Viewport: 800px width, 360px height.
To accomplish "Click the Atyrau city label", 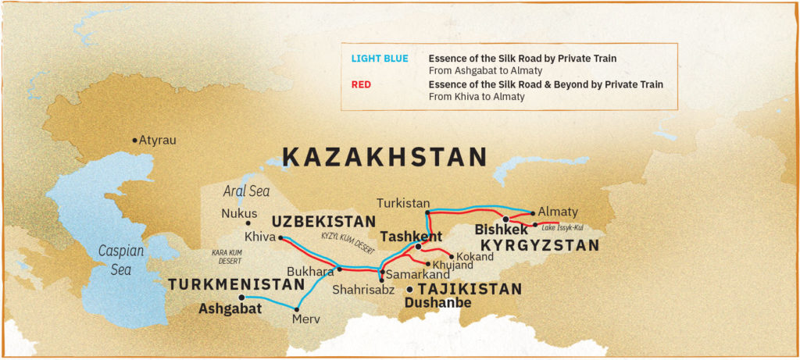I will tap(157, 141).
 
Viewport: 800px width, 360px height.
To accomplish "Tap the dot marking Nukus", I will tap(248, 223).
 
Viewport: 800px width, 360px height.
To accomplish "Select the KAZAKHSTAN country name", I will tap(384, 157).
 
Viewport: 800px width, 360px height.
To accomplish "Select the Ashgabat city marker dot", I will tap(241, 298).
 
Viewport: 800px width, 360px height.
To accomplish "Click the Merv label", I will tap(305, 319).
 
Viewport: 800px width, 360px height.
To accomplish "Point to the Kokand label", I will tap(476, 256).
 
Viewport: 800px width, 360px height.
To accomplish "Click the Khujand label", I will tap(455, 266).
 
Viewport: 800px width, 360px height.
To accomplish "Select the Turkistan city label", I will tap(403, 202).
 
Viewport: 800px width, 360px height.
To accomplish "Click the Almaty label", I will tap(558, 212).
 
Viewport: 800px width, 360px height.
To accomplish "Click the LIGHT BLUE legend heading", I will tap(379, 59).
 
